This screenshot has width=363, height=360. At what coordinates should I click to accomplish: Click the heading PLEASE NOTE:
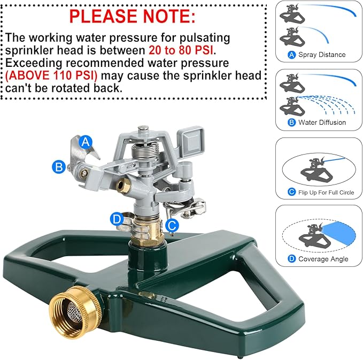click(132, 16)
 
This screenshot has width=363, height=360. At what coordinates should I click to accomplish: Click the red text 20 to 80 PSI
click(181, 51)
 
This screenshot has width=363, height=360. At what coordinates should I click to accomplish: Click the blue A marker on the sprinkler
click(86, 142)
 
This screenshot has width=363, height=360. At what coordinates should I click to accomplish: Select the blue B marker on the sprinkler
click(59, 166)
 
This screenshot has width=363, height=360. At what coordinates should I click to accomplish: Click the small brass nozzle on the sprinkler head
click(123, 185)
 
